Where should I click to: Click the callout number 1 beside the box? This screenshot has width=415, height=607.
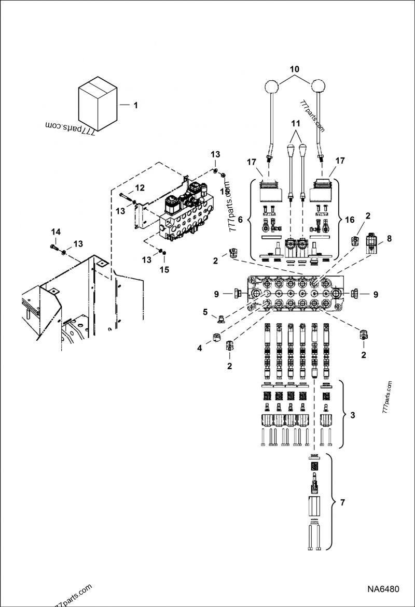pyautogui.click(x=135, y=106)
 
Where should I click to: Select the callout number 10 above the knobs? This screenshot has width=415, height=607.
pyautogui.click(x=294, y=68)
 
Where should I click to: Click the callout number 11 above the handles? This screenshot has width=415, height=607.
pyautogui.click(x=295, y=124)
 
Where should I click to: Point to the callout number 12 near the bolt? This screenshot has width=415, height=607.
pyautogui.click(x=140, y=187)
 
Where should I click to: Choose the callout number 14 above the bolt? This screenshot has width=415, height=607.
pyautogui.click(x=56, y=231)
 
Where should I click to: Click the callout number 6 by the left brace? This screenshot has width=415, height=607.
pyautogui.click(x=240, y=220)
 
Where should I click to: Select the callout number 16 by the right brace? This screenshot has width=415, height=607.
pyautogui.click(x=350, y=220)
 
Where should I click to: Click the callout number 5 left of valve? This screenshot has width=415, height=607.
pyautogui.click(x=205, y=312)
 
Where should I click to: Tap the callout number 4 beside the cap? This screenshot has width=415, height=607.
pyautogui.click(x=200, y=349)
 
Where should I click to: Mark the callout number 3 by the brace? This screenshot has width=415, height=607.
pyautogui.click(x=352, y=415)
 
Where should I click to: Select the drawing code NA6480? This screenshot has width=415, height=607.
pyautogui.click(x=383, y=589)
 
